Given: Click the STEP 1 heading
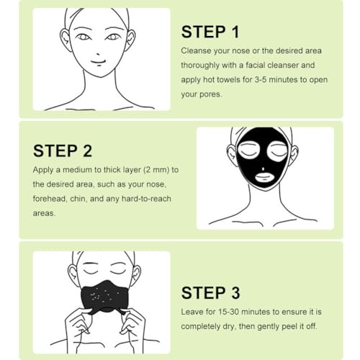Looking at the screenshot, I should [x=210, y=32].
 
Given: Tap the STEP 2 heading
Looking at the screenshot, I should [x=63, y=151].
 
